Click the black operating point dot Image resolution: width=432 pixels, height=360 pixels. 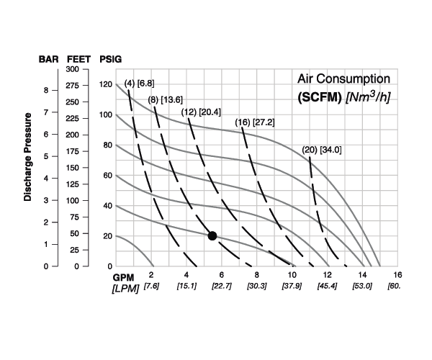[212, 235]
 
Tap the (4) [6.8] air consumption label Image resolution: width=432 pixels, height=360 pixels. [140, 84]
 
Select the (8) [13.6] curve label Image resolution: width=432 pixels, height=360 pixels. [166, 99]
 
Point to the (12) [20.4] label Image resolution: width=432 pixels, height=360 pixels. [201, 112]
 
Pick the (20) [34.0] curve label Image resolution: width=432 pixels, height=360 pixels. [321, 150]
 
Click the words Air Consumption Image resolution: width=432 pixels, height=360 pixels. [344, 78]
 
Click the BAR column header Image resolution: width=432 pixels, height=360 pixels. [48, 59]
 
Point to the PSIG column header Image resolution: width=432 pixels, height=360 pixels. [110, 59]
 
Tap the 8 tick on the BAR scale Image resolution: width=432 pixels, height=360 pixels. [46, 91]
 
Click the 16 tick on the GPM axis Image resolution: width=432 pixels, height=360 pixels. [397, 276]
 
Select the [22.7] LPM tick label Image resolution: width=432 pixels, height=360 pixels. [222, 287]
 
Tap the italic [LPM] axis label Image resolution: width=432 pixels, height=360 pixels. [125, 288]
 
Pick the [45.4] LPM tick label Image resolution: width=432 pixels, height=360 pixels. [328, 287]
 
